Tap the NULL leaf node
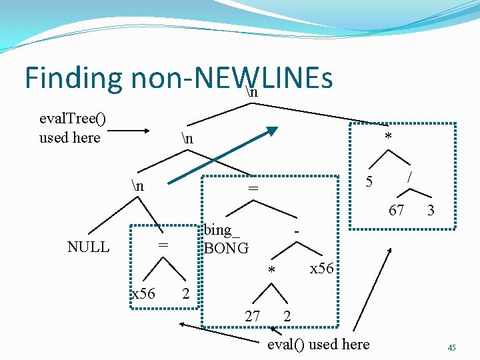(88, 247)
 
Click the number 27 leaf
(252, 316)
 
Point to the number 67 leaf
(396, 211)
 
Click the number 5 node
(368, 181)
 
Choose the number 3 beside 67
(431, 211)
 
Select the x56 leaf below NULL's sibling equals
(143, 293)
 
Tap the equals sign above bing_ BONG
(253, 190)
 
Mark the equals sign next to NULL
(161, 246)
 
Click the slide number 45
(451, 347)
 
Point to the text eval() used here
(318, 344)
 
